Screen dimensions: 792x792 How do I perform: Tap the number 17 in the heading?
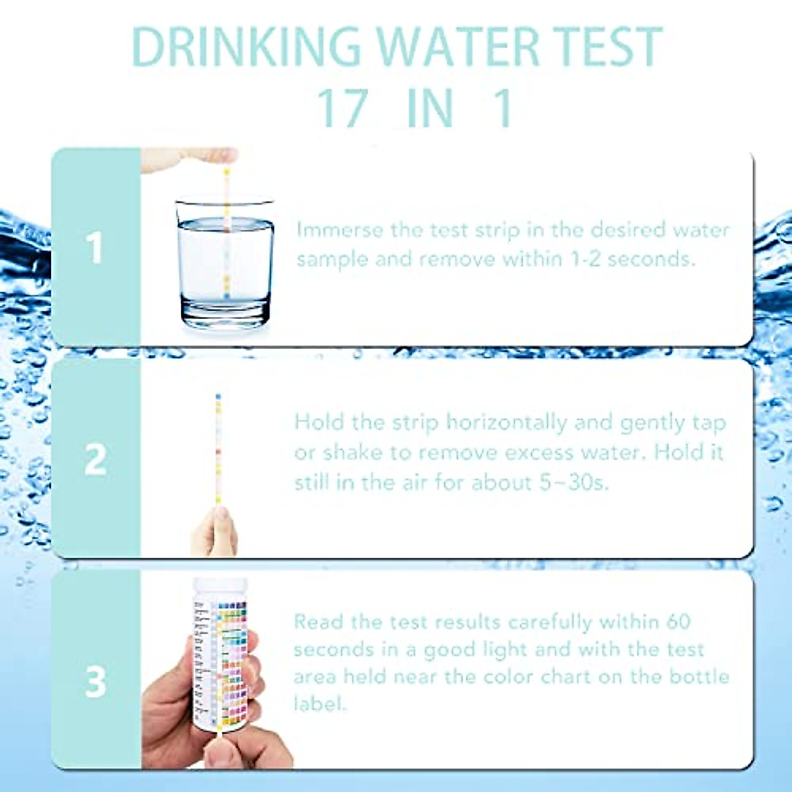(x=342, y=108)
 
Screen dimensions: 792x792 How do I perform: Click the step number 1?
(x=96, y=248)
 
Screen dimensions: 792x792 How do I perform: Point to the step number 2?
(x=96, y=459)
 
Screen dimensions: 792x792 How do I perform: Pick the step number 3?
(x=96, y=682)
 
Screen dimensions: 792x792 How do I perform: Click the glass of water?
(x=224, y=264)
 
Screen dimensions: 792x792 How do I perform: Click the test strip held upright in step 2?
(x=218, y=449)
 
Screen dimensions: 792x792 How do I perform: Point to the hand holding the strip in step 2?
(x=215, y=531)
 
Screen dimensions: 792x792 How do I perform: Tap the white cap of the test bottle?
(x=220, y=587)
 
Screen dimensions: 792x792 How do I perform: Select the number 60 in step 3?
(x=678, y=622)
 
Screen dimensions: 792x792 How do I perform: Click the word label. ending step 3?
(x=319, y=704)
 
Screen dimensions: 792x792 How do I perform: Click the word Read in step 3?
(x=318, y=622)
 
